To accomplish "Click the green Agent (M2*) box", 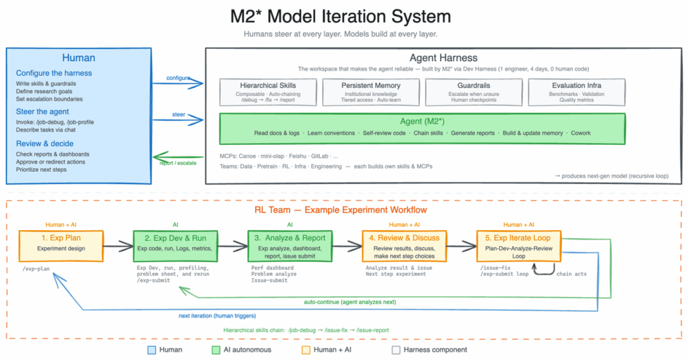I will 423,127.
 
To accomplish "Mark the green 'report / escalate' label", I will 177,162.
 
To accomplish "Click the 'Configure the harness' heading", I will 54,73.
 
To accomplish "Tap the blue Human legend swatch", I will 152,350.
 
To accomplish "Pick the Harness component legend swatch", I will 396,350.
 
